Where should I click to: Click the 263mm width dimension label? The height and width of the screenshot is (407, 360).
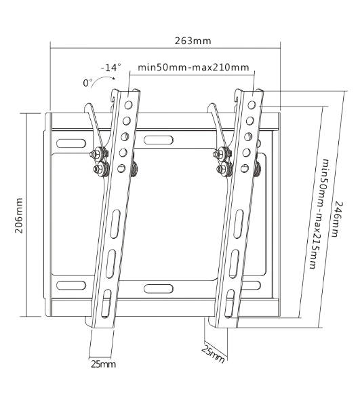point(193,41)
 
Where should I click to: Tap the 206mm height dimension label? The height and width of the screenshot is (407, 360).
point(19,216)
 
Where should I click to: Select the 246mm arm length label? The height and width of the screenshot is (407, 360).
point(337,219)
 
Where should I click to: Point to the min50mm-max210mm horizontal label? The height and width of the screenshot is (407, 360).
point(193,67)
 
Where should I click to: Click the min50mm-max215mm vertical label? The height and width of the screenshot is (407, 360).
point(317,214)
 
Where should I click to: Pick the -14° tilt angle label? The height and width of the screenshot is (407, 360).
point(111,67)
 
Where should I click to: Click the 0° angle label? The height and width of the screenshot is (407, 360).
point(87,83)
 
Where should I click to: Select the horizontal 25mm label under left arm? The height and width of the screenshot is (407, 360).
point(103,364)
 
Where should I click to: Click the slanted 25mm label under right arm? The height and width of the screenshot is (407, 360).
point(213,353)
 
